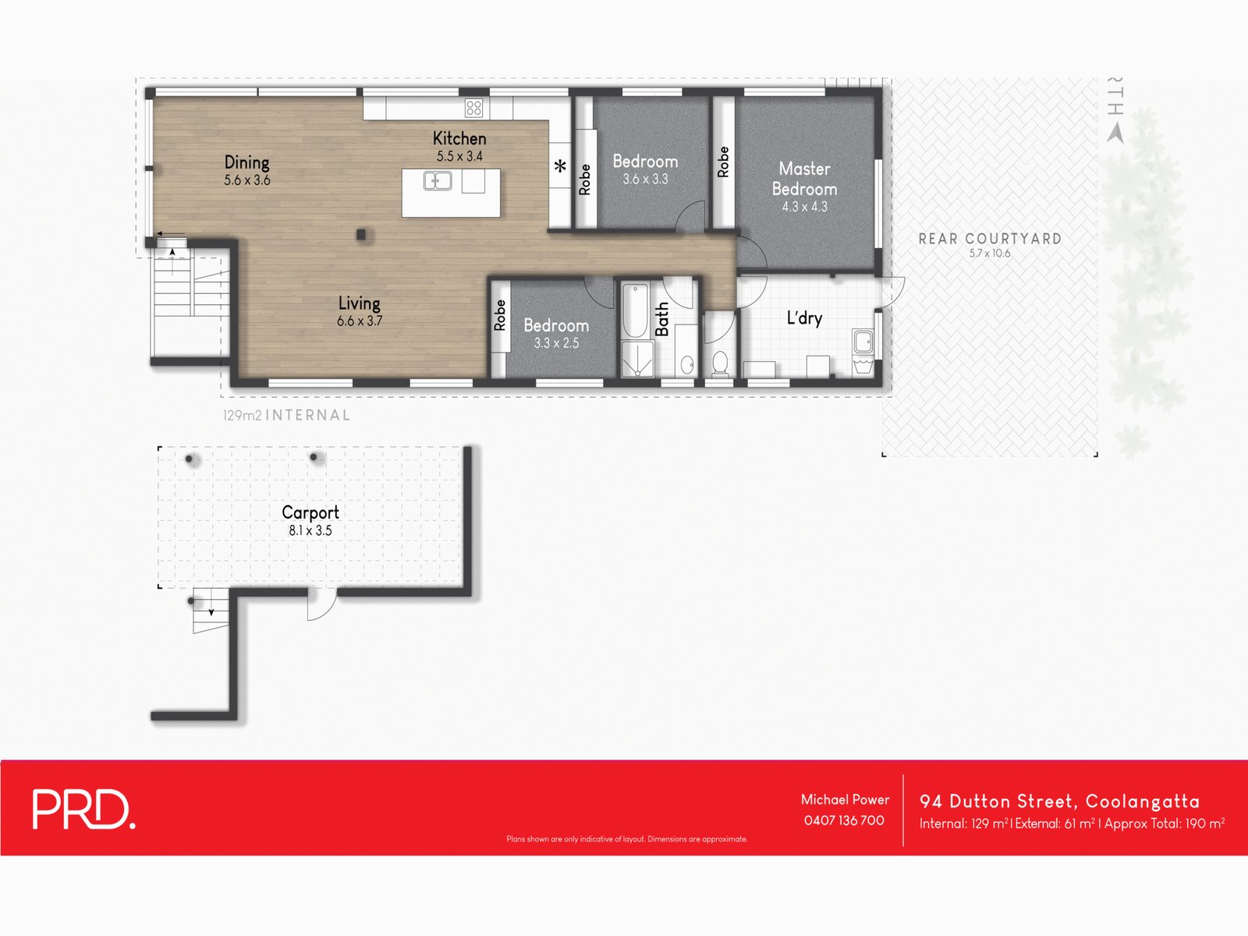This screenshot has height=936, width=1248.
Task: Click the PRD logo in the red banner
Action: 83,809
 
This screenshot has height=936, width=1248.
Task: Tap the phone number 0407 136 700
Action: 844,821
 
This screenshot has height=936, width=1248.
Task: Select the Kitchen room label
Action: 459,139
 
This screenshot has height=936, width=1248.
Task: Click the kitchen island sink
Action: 437,182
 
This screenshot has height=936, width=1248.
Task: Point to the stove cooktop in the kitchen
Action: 473,108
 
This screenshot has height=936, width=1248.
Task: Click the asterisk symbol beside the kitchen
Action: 560,167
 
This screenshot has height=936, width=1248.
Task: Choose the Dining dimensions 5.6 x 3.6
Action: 246,180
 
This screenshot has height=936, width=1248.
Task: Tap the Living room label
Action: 359,303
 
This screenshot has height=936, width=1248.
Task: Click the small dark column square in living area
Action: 362,234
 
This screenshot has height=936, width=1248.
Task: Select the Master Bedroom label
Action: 804,179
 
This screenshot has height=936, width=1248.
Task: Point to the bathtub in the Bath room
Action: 635,310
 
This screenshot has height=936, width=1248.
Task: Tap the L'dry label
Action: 804,318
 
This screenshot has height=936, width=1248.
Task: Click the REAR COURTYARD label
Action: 990,239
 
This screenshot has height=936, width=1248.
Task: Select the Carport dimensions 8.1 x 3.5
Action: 310,530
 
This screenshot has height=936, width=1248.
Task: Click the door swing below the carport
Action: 321,605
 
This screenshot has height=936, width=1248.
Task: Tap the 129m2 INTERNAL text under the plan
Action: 286,416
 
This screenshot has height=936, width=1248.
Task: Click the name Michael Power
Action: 845,799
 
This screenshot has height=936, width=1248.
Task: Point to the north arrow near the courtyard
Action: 1115,133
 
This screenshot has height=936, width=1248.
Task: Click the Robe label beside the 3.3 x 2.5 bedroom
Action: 500,315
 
